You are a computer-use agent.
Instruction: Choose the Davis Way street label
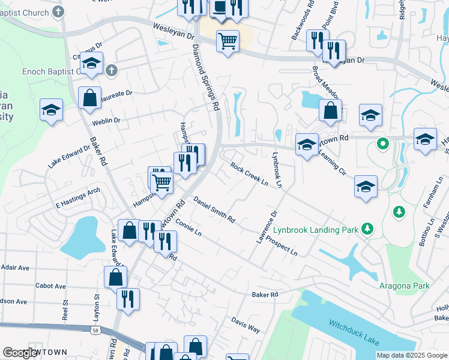pyautogui.click(x=246, y=325)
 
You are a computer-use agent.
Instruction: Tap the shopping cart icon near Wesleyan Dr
pyautogui.click(x=228, y=41)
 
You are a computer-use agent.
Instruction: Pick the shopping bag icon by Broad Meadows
pyautogui.click(x=330, y=110)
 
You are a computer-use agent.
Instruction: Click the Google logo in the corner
pyautogui.click(x=20, y=353)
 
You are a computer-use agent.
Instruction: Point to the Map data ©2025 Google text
pyautogui.click(x=412, y=355)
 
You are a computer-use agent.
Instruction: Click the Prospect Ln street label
pyautogui.click(x=285, y=249)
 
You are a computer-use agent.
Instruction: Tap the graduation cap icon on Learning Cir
pyautogui.click(x=366, y=186)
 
